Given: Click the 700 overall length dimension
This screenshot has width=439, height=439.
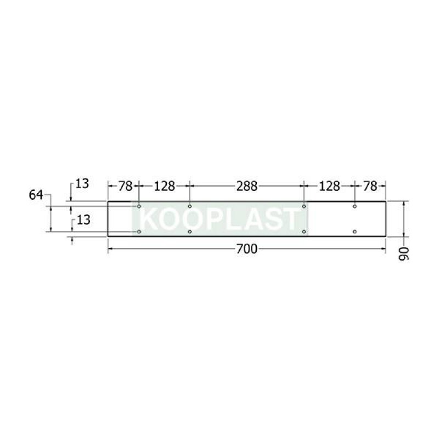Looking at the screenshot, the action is pyautogui.click(x=246, y=249).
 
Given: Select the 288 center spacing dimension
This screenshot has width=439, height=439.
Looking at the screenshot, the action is pyautogui.click(x=246, y=186).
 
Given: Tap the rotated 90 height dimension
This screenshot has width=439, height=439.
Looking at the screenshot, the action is pyautogui.click(x=403, y=254).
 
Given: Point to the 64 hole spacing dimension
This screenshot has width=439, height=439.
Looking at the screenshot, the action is pyautogui.click(x=36, y=195).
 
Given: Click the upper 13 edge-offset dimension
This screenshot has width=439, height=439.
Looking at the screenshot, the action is pyautogui.click(x=82, y=184).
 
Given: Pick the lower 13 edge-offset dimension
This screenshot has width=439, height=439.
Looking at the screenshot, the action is pyautogui.click(x=83, y=220).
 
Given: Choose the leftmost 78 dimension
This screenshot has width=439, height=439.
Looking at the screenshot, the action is pyautogui.click(x=125, y=186).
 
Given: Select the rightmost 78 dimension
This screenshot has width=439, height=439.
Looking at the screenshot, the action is pyautogui.click(x=370, y=186).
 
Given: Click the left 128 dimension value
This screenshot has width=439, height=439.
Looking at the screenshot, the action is pyautogui.click(x=165, y=186).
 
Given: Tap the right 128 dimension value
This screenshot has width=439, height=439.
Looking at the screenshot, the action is pyautogui.click(x=330, y=186).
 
